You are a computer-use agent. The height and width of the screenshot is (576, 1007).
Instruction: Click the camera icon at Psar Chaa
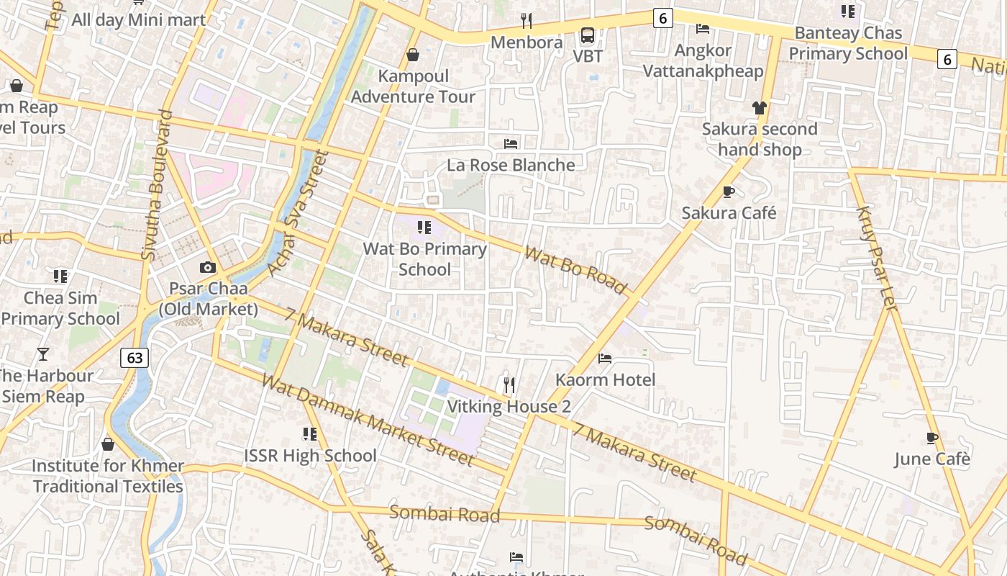coord(208,268)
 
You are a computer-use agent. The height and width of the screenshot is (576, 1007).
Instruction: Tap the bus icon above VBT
coord(588,35)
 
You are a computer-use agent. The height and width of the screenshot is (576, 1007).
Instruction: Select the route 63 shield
coord(135,357)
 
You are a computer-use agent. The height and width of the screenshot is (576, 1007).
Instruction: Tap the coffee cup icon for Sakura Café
coord(728,192)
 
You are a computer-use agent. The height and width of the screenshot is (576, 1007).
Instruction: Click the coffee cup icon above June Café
coord(932,438)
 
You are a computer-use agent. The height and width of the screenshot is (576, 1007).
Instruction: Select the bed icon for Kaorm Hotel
coord(605,358)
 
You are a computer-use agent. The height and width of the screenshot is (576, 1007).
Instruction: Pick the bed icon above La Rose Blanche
coord(511,143)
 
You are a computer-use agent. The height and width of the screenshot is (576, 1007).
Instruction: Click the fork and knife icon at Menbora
coord(527,21)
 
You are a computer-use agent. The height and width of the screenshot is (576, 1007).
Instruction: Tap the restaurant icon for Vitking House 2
coord(509,385)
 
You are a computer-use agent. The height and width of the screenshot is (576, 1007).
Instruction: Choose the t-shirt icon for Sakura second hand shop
coord(760,108)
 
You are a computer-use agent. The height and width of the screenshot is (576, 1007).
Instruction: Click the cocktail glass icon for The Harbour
coord(43,354)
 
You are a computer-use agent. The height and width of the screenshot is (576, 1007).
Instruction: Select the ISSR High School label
coord(310,456)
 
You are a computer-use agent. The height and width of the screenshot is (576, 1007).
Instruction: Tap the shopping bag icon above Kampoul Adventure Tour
coord(413,55)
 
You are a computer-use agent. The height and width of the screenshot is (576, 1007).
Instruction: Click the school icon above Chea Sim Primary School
coord(60,276)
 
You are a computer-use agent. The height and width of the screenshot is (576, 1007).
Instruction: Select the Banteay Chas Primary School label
coord(848,43)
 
